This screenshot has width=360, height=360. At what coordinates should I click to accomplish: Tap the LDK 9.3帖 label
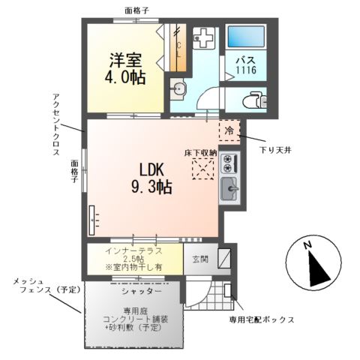[x=153, y=178]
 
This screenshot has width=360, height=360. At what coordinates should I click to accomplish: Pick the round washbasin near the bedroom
[x=178, y=91]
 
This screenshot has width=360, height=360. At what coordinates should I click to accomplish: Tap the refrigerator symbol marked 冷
[x=229, y=131]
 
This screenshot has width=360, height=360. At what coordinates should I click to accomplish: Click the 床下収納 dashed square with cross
[x=202, y=168]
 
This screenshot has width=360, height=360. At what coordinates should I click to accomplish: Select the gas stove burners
[x=229, y=163]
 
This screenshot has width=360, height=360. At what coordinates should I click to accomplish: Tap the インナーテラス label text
[x=134, y=250]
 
